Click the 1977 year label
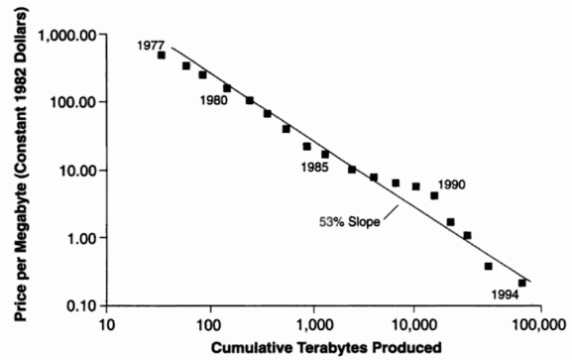pos(151,46)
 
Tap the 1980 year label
pos(214,100)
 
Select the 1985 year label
pos(315,168)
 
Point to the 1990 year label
pos(452,184)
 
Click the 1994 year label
pos(505,295)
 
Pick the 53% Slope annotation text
pos(350,221)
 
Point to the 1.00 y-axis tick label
pos(84,238)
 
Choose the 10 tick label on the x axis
pos(106,324)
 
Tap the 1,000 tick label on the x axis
pos(314,325)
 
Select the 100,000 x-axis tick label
pos(540,325)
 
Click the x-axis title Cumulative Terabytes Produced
pos(326,347)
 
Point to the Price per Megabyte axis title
pos(21,165)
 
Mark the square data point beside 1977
pos(162,56)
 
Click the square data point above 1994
pos(522,283)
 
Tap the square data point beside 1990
pos(434,195)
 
